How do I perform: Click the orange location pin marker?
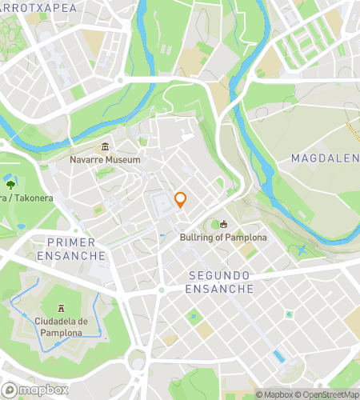pyautogui.click(x=181, y=200)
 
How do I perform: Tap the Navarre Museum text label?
pyautogui.click(x=105, y=159)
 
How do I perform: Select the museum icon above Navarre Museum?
pyautogui.click(x=105, y=146)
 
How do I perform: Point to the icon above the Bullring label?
pyautogui.click(x=224, y=225)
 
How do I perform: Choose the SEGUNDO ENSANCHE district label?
pyautogui.click(x=219, y=282)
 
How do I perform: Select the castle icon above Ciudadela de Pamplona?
pyautogui.click(x=62, y=308)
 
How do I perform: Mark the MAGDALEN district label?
pyautogui.click(x=324, y=158)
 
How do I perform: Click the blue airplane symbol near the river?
pyautogui.click(x=302, y=250)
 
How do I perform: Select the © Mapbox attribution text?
pyautogui.click(x=274, y=394)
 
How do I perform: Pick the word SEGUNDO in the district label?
pyautogui.click(x=219, y=274)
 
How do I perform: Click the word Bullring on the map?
pyautogui.click(x=200, y=238)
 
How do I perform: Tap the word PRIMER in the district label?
pyautogui.click(x=72, y=242)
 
